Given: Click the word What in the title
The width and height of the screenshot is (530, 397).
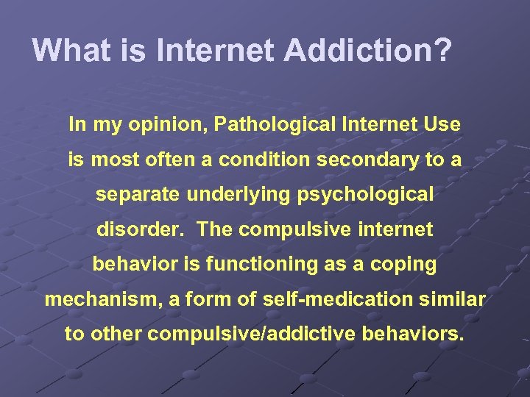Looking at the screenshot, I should point(66,50).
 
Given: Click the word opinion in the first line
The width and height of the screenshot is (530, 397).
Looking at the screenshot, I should point(168,125).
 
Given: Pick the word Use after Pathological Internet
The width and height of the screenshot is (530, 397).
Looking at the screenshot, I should point(442,125).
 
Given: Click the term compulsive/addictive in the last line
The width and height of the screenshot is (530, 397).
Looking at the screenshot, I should point(254,334).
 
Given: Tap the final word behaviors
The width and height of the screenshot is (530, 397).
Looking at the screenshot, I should point(414,334).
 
